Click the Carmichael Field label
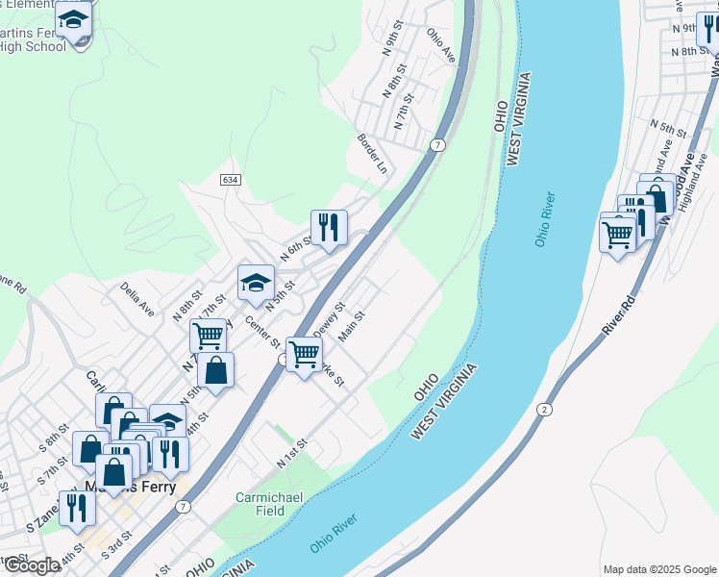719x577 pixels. coord(262,504)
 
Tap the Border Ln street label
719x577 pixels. coord(372,153)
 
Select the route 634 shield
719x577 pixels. coord(230,180)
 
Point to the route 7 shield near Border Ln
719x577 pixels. coord(436,144)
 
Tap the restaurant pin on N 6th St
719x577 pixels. coord(329,228)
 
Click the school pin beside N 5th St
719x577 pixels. coord(256,283)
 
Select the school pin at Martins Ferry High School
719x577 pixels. coord(74,20)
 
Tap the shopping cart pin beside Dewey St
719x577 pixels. coord(305,354)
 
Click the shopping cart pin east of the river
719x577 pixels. coord(617,232)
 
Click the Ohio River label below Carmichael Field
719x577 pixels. coord(334,534)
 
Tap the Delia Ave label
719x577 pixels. coord(137,298)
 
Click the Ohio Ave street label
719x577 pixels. coord(441,44)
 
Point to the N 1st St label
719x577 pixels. coord(290,452)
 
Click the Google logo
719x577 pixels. coord(31,565)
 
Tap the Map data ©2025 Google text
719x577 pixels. coord(658,569)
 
